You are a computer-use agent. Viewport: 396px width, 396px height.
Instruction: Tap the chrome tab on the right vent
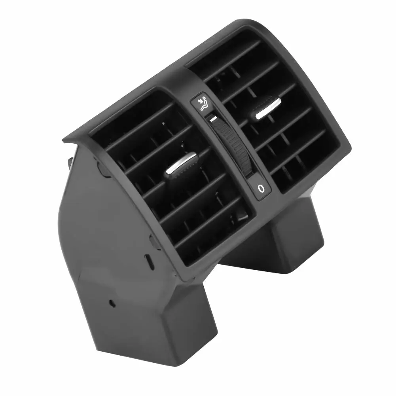[267, 110]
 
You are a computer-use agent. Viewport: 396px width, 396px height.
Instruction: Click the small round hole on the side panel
[112, 303]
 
